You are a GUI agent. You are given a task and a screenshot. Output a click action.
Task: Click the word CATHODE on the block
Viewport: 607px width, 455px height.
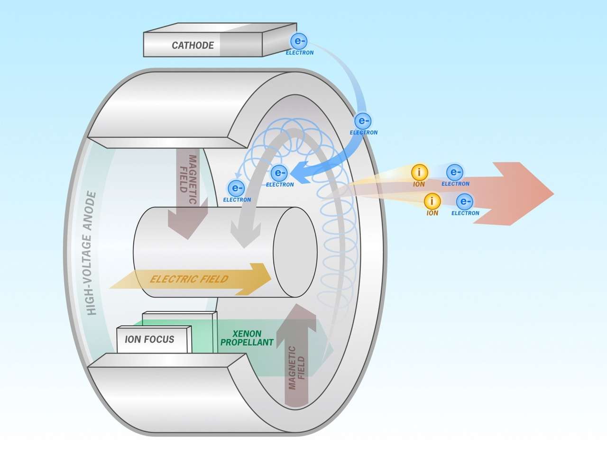(193, 45)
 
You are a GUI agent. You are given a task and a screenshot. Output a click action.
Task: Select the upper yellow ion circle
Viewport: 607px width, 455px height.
(419, 173)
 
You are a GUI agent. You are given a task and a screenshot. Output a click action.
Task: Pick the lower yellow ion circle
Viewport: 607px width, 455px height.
(432, 201)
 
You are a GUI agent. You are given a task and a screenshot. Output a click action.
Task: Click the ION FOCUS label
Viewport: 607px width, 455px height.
(149, 339)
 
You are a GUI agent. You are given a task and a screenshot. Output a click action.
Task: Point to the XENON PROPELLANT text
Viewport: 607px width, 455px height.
(247, 338)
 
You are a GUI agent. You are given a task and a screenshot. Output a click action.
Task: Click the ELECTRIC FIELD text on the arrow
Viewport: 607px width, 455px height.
(189, 279)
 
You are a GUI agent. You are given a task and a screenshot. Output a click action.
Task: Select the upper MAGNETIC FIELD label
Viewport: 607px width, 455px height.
(188, 173)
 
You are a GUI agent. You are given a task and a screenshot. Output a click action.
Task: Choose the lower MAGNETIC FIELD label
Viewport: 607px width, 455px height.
(297, 368)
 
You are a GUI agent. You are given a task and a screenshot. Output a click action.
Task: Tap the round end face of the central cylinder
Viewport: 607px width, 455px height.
(295, 252)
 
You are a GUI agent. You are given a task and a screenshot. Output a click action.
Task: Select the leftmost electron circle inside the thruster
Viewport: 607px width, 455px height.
(236, 188)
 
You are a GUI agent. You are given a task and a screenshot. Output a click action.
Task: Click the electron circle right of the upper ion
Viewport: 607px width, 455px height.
(454, 173)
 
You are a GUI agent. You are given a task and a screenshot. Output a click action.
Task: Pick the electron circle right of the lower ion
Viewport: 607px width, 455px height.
(464, 202)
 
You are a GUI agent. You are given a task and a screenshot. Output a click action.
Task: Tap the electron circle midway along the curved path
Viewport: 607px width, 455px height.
(363, 121)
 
